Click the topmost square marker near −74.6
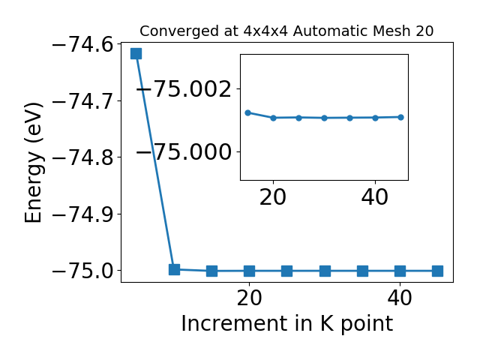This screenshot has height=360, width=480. pyautogui.click(x=136, y=53)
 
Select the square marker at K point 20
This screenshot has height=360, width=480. pyautogui.click(x=249, y=271)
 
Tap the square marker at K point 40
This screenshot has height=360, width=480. pyautogui.click(x=400, y=271)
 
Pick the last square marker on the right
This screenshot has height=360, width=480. pyautogui.click(x=437, y=271)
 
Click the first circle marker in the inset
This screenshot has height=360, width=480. pyautogui.click(x=248, y=113)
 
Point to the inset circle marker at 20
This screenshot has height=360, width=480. pyautogui.click(x=273, y=118)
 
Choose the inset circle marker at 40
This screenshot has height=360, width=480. pyautogui.click(x=375, y=118)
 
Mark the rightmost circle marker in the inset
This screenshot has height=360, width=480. pyautogui.click(x=400, y=117)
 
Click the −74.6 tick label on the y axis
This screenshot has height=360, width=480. pyautogui.click(x=87, y=45)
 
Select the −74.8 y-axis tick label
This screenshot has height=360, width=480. pyautogui.click(x=87, y=157)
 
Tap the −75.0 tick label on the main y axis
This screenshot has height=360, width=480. pyautogui.click(x=87, y=271)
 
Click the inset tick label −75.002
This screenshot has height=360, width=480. pyautogui.click(x=184, y=89)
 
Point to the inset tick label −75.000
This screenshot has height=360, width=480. pyautogui.click(x=184, y=151)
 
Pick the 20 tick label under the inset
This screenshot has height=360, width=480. pyautogui.click(x=273, y=197)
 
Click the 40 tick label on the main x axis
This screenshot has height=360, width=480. pyautogui.click(x=400, y=298)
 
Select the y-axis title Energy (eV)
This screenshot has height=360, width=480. pyautogui.click(x=33, y=162)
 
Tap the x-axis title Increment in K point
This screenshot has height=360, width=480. pyautogui.click(x=287, y=324)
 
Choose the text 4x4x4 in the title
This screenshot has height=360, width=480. pyautogui.click(x=265, y=31)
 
